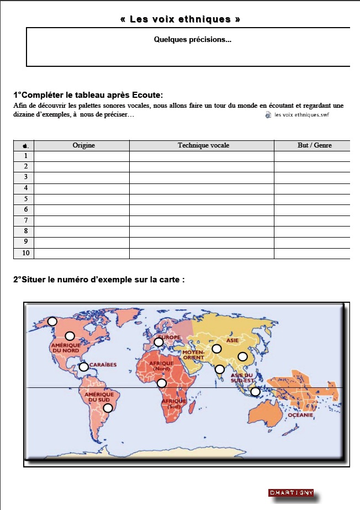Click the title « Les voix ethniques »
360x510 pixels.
(x=180, y=19)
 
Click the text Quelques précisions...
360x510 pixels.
(x=193, y=40)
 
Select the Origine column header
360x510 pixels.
(x=83, y=145)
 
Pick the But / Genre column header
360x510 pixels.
(x=312, y=145)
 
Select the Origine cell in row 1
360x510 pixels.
(x=82, y=156)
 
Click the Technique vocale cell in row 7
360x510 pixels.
(x=202, y=220)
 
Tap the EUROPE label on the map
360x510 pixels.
(x=169, y=337)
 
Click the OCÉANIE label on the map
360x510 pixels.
(x=300, y=414)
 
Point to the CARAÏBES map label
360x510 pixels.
(x=102, y=365)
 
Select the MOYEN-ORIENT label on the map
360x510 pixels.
(x=193, y=354)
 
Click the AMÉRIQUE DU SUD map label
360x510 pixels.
(x=100, y=397)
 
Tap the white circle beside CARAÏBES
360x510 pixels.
(x=83, y=366)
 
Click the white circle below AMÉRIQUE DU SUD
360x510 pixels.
(x=108, y=408)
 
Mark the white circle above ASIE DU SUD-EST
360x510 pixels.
(x=242, y=356)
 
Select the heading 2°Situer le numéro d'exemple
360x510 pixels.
(x=98, y=280)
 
